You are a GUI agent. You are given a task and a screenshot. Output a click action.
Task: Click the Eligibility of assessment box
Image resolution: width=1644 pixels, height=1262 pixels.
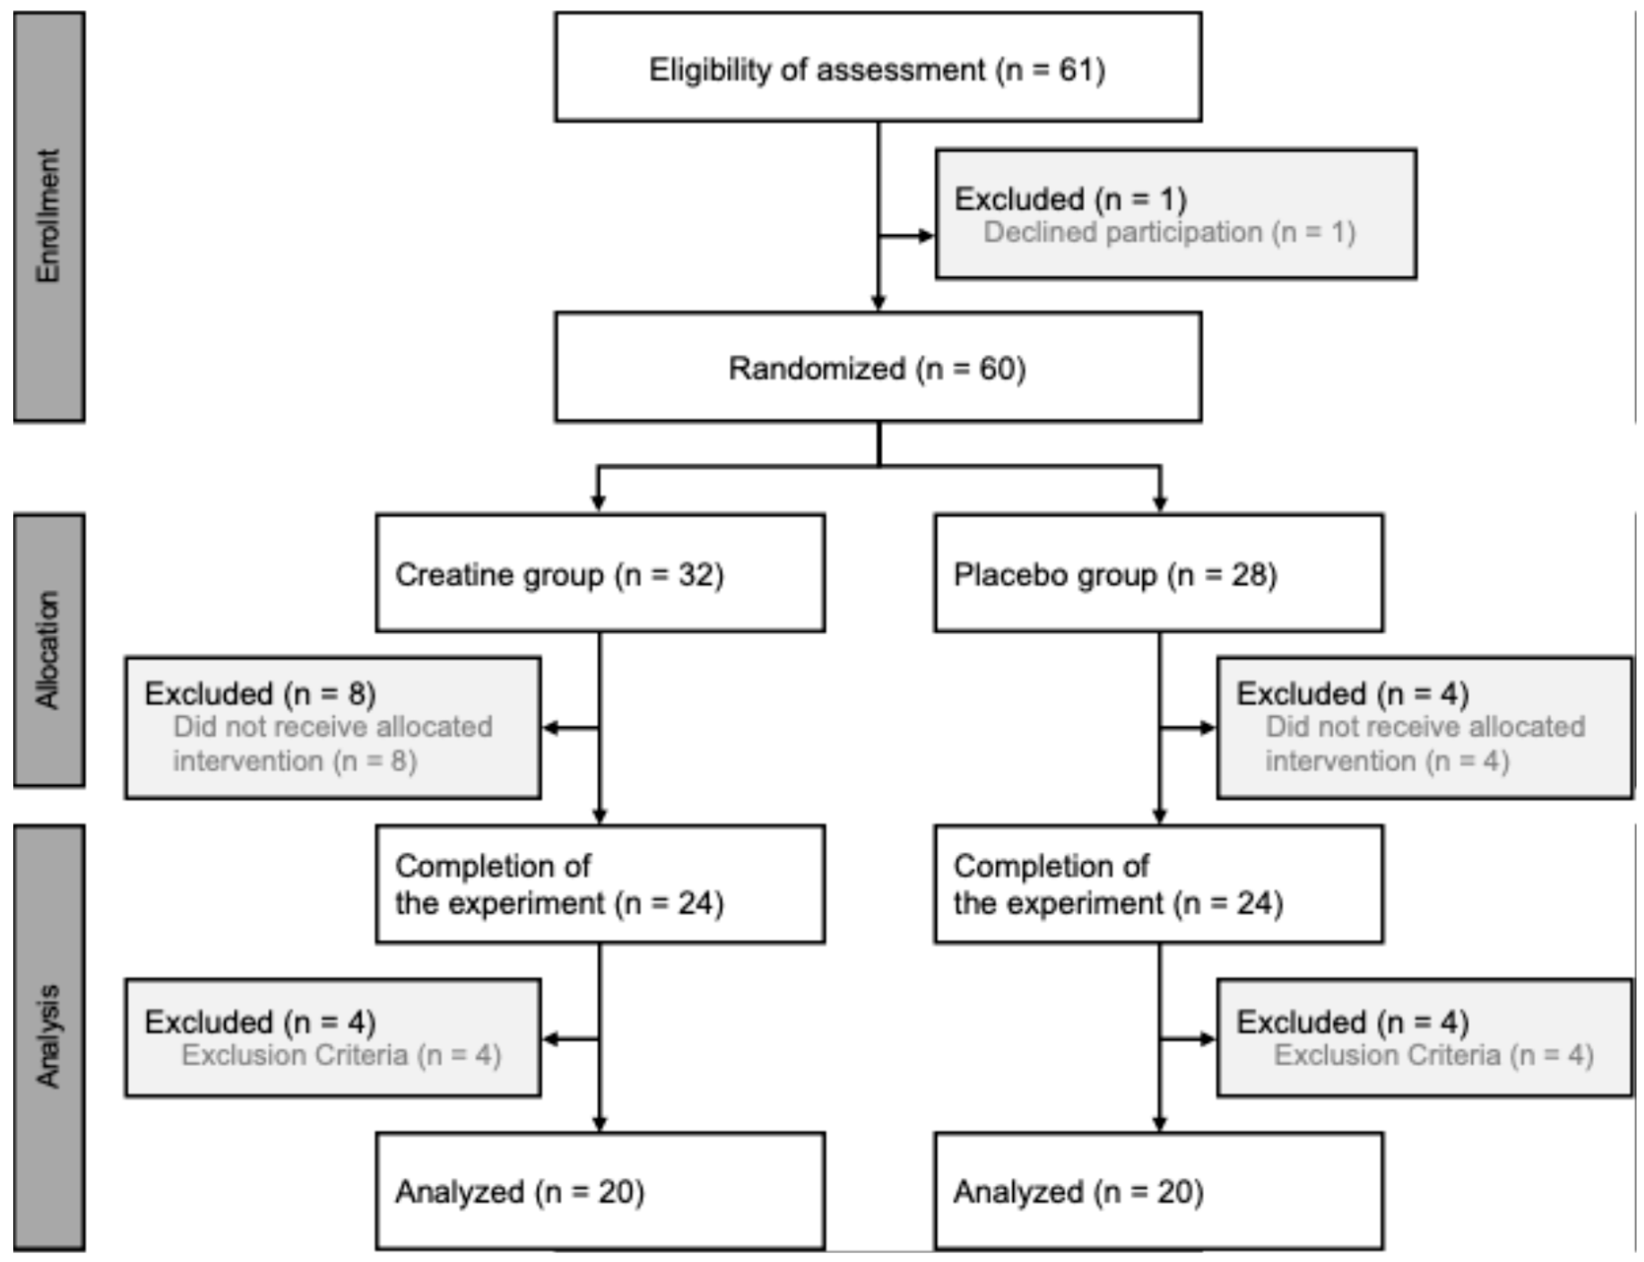pyautogui.click(x=877, y=67)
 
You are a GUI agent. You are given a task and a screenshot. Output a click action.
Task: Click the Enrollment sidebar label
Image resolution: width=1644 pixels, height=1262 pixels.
pyautogui.click(x=49, y=217)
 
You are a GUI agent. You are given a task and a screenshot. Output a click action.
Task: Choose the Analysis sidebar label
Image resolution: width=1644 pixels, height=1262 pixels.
pyautogui.click(x=49, y=1037)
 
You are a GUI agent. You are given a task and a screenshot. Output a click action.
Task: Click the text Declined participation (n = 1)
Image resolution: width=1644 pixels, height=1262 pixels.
pyautogui.click(x=1169, y=232)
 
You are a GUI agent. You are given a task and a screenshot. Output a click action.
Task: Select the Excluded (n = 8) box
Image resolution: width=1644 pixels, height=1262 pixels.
pyautogui.click(x=332, y=727)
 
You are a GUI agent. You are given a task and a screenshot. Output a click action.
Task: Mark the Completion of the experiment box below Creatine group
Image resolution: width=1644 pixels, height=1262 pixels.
pyautogui.click(x=600, y=884)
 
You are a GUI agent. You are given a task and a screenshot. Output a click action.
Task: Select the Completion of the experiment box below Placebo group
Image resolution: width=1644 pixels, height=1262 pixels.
pyautogui.click(x=1158, y=884)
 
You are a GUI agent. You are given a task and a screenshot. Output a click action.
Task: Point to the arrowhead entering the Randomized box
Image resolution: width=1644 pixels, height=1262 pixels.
pyautogui.click(x=877, y=302)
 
